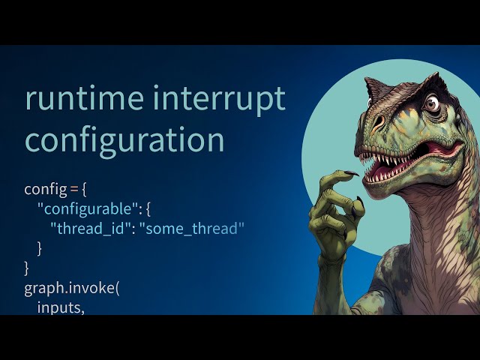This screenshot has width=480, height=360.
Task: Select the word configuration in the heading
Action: tap(124, 140)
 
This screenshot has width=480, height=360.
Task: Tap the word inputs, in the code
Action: tap(61, 306)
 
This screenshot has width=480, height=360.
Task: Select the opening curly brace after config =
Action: tap(85, 189)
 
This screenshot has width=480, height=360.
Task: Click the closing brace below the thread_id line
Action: tap(40, 247)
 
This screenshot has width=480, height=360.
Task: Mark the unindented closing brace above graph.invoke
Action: tap(27, 267)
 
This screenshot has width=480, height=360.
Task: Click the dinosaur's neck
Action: tap(442, 225)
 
